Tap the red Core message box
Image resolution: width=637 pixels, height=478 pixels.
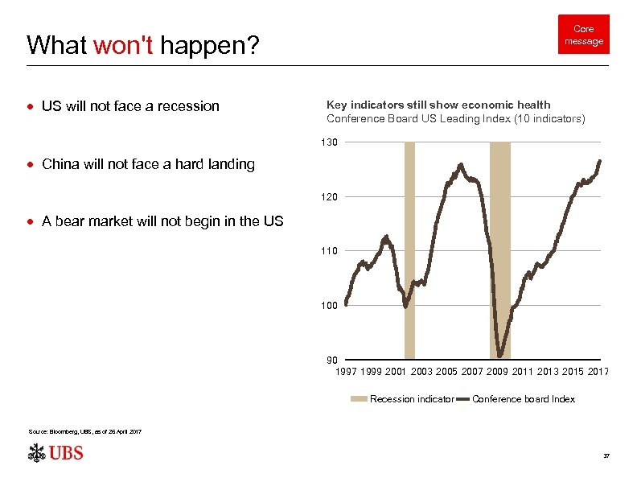[x=583, y=35]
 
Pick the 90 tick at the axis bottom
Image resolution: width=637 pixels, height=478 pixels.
[x=332, y=360]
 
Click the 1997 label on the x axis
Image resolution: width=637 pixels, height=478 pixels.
[x=346, y=371]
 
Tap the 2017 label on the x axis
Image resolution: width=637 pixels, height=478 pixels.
[x=598, y=371]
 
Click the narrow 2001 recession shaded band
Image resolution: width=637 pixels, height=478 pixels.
[x=409, y=249]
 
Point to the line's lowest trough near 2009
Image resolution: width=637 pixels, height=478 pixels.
[x=500, y=355]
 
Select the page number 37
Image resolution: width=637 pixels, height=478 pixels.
[x=606, y=456]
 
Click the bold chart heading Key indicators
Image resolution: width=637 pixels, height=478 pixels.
[x=438, y=105]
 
